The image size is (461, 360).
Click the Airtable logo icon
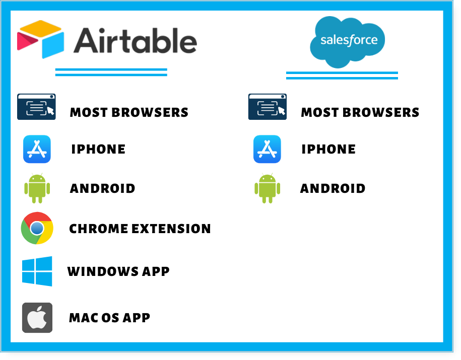point(41,39)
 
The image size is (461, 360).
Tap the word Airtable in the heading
point(135,41)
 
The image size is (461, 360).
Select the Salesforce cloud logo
point(348,42)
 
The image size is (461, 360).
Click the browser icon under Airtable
point(36,107)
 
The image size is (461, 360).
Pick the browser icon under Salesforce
point(268,107)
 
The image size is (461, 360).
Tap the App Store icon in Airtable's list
point(37,149)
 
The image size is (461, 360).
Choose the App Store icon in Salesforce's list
point(267,149)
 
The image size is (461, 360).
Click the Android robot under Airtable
point(37,188)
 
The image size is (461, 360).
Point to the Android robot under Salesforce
point(267,188)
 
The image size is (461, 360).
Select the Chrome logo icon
point(37,228)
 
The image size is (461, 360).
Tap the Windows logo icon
point(37,271)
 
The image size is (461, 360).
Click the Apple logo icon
point(37,318)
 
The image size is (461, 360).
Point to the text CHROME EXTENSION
point(140,229)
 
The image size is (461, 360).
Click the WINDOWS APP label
point(118,271)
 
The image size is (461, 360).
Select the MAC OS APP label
point(109,318)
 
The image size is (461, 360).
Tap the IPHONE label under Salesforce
point(328,150)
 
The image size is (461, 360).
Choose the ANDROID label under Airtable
point(102,188)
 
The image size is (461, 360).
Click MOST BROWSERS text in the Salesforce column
point(360,112)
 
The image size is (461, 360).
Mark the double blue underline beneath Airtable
point(111,73)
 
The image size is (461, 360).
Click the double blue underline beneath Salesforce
point(342,76)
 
